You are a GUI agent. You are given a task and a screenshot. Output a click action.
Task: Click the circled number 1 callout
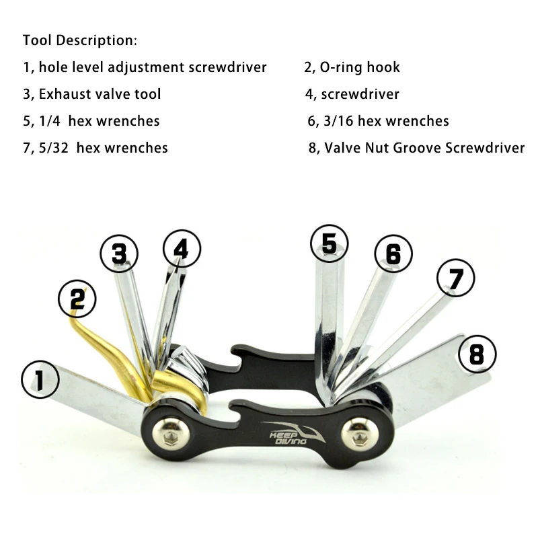(40, 379)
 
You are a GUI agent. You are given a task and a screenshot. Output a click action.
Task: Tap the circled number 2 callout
(77, 299)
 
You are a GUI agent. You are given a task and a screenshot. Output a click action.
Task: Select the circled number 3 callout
(119, 254)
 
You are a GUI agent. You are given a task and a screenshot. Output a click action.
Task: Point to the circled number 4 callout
(182, 249)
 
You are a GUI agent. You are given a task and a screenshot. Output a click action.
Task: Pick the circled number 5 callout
(329, 243)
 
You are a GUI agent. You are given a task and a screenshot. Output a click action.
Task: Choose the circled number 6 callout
(393, 254)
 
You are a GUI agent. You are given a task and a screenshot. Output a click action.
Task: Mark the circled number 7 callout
(456, 278)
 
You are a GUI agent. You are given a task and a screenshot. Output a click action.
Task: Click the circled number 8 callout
(477, 354)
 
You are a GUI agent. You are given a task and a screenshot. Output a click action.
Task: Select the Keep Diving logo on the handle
(293, 433)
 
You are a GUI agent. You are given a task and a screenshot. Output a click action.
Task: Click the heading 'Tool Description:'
(80, 40)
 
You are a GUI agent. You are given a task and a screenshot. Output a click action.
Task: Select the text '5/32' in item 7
(54, 148)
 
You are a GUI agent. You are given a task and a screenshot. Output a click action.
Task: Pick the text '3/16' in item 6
(338, 121)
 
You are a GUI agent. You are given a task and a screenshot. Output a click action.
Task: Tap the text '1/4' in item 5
(50, 121)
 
